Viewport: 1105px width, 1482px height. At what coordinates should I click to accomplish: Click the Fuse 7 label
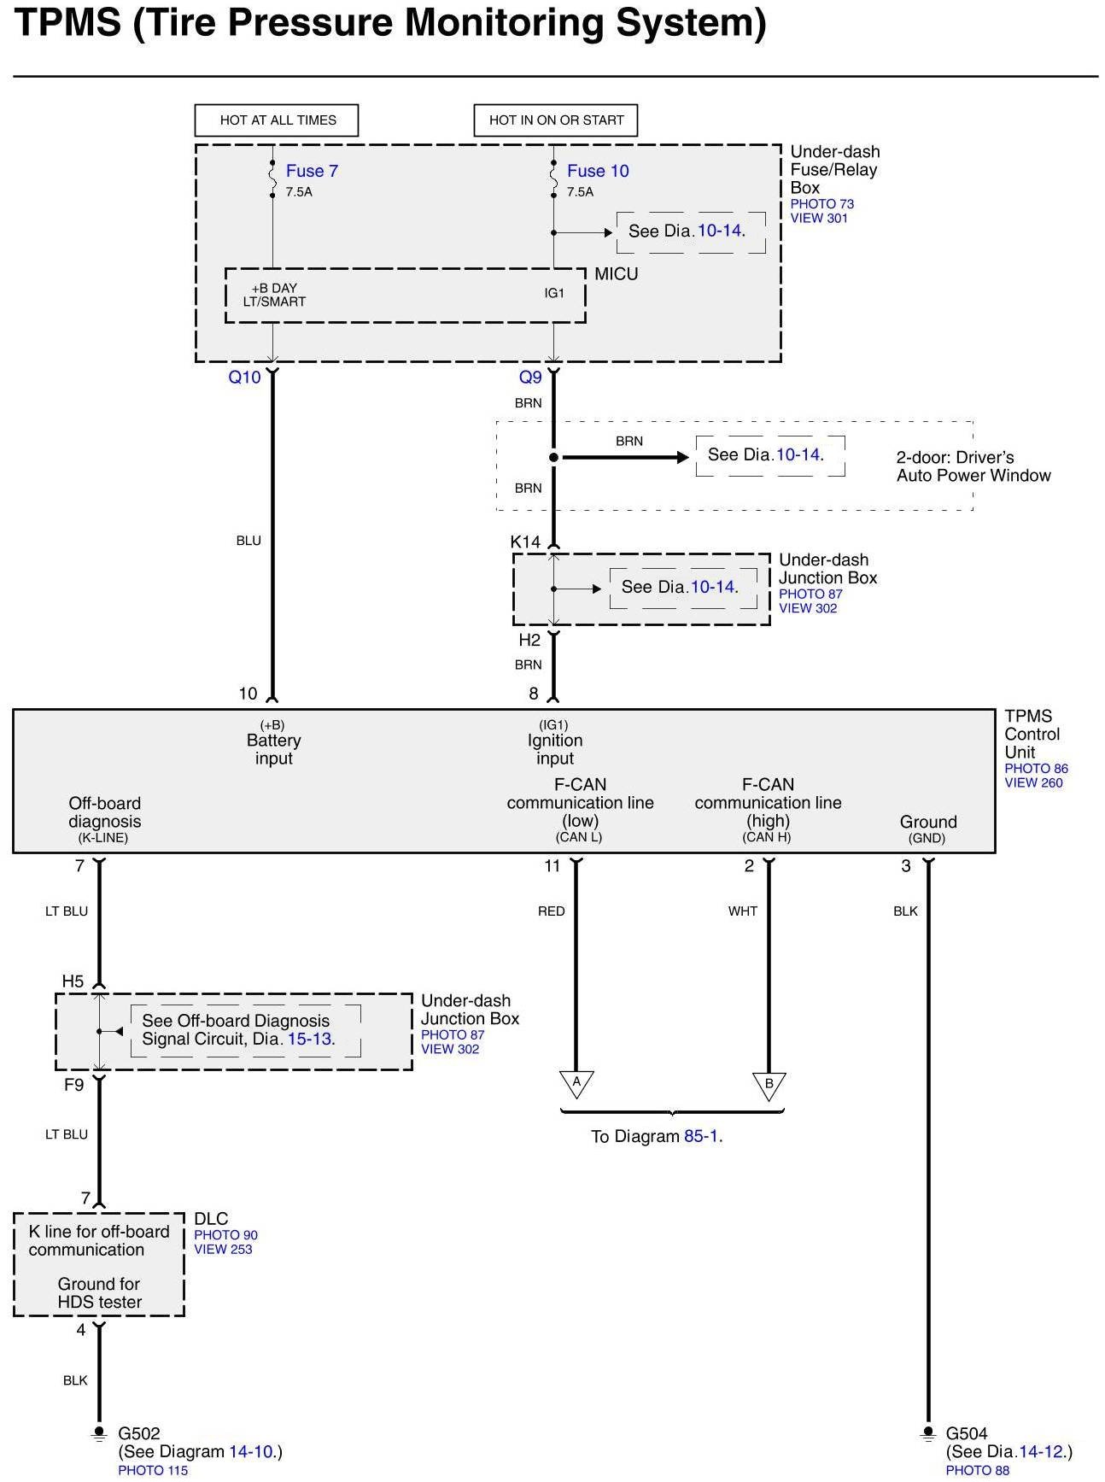312,171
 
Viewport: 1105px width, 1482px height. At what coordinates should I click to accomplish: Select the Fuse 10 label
598,171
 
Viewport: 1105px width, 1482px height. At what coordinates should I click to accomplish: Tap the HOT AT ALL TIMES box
277,120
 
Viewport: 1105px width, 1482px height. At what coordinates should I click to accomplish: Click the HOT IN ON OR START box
556,120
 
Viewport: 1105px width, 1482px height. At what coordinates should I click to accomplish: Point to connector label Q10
244,378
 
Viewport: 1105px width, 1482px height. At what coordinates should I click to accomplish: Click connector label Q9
530,378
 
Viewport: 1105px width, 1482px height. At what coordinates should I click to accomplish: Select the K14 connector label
525,542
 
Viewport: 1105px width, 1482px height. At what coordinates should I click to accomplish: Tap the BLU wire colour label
248,541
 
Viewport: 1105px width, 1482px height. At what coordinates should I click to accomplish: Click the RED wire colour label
552,911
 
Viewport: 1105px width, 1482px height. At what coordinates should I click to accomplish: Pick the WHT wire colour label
743,911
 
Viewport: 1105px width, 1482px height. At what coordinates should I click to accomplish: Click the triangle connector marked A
576,1083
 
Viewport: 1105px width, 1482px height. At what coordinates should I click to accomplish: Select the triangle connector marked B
769,1085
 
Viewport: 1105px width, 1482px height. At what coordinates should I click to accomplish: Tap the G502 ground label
139,1433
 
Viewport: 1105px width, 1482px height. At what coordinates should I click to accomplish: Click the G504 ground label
967,1433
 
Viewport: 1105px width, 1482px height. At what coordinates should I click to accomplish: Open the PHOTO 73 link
822,204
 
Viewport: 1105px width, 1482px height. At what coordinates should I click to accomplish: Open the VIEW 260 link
1034,782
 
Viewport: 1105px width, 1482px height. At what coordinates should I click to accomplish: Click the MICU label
617,274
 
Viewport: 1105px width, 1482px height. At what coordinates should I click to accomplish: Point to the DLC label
211,1219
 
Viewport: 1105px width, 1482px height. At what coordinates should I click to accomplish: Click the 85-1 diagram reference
702,1137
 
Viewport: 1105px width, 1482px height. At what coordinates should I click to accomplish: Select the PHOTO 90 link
225,1235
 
